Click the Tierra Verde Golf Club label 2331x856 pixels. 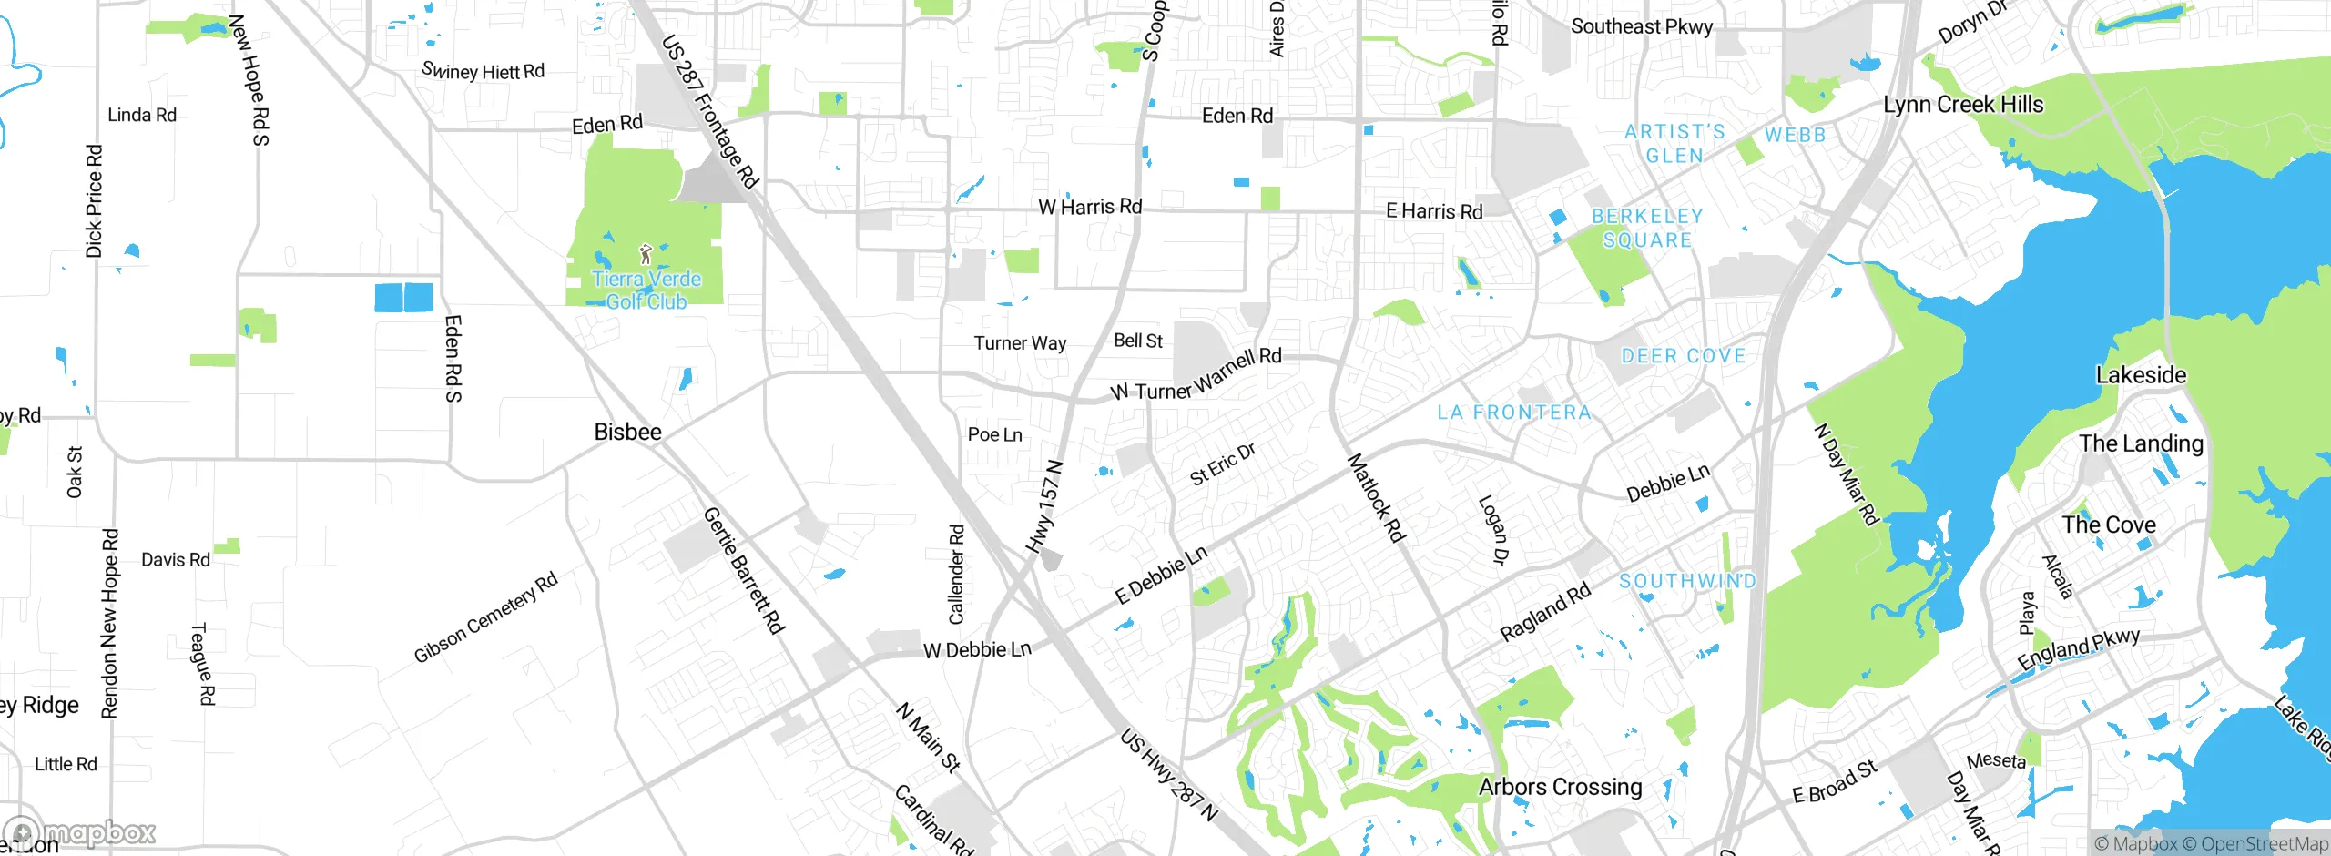(646, 290)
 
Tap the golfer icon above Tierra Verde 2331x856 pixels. (646, 253)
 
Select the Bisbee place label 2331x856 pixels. (627, 432)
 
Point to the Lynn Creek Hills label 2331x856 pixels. (1963, 105)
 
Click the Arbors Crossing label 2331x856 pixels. (1560, 787)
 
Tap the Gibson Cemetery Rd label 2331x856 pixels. (485, 618)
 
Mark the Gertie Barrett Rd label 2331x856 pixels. (744, 570)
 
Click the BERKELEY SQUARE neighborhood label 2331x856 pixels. (1647, 228)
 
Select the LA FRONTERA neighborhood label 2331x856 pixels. (1514, 413)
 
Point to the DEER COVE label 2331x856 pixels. (1684, 356)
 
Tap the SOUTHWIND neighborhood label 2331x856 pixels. (1687, 581)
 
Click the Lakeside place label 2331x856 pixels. (2141, 375)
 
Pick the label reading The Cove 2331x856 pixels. (2109, 525)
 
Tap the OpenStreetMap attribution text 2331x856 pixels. (2264, 844)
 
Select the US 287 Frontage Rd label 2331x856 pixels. (709, 111)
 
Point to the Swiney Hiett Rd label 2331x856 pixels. (483, 71)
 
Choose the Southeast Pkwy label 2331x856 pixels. (1642, 26)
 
